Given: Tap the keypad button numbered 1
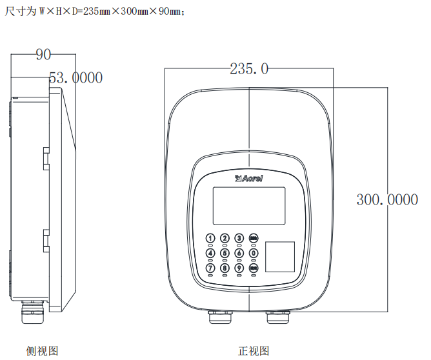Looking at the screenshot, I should (210, 239).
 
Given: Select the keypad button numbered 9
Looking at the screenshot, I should (239, 268).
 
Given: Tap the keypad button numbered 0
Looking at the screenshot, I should (254, 253).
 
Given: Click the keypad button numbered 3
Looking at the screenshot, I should (239, 239).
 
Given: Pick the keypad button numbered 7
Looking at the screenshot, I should (210, 268).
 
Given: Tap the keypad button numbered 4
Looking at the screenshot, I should (210, 253).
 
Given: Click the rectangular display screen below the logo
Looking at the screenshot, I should (249, 205).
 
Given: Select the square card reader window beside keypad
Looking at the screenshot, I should (281, 257).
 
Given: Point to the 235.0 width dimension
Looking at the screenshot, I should (249, 69).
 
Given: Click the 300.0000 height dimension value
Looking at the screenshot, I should (387, 200).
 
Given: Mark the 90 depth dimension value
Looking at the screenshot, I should (43, 55).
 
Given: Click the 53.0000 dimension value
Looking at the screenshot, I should (76, 78).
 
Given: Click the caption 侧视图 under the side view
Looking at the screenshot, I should (43, 351).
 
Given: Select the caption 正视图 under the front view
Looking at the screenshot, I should (254, 351).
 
